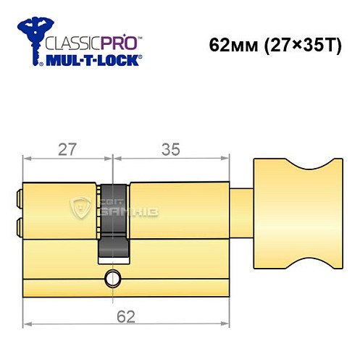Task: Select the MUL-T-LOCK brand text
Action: (94, 61)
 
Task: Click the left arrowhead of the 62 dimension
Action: (27, 324)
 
